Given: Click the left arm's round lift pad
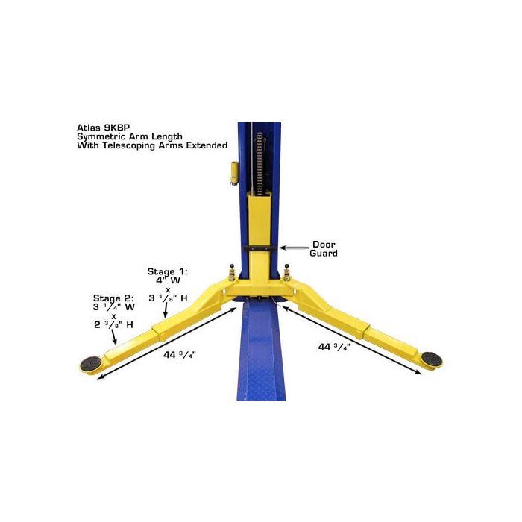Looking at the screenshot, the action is coord(91,364).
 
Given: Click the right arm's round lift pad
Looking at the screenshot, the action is coord(431,359).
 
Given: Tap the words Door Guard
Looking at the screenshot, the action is coord(323,248).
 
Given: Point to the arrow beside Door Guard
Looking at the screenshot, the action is coord(294,248).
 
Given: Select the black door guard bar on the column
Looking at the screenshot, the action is coord(260,248).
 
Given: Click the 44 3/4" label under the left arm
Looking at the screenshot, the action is coord(179,355).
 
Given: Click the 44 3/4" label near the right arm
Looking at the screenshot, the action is coord(334,348).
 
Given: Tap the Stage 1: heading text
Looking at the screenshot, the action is coord(168,271).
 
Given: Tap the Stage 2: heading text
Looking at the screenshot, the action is coord(113,298).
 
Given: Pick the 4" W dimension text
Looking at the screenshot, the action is coord(168,280).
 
